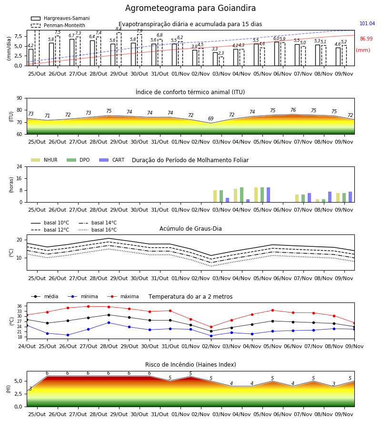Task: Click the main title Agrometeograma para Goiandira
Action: coord(190,8)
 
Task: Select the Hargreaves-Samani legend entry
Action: coord(60,18)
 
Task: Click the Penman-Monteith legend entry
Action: coord(58,25)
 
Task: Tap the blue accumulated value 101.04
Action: coord(367,23)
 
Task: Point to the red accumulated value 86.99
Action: coord(366,39)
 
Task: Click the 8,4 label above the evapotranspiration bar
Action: coord(119,29)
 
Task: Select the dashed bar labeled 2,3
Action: coord(221,61)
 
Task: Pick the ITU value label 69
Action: coord(211,119)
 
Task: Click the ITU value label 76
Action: coord(293,110)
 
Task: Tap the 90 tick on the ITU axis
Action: coord(20,98)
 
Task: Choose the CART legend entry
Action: coord(112,160)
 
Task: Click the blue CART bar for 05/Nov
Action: coord(269,195)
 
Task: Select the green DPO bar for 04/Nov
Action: coord(241,195)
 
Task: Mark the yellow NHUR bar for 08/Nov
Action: coord(317,201)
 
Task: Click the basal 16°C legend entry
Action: coord(98,230)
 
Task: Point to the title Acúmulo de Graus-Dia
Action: coord(190,229)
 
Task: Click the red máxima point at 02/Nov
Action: coord(211,327)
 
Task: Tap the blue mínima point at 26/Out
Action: coord(68,335)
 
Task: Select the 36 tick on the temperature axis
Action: coord(20,306)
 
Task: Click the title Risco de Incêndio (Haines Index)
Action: coord(190,365)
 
